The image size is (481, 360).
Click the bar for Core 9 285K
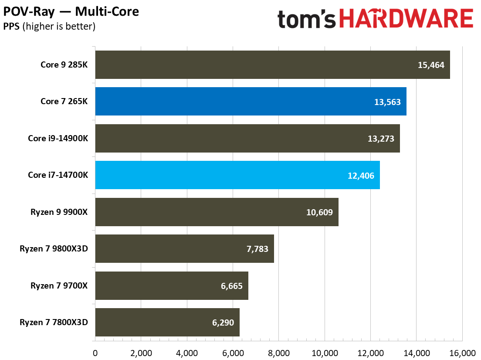(x=272, y=65)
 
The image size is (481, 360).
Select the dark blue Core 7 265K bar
(x=251, y=102)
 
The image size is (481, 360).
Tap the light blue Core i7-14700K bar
(x=237, y=175)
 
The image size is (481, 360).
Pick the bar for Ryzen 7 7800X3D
(x=167, y=323)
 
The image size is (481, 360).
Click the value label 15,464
(x=431, y=65)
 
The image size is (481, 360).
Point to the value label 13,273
(x=381, y=139)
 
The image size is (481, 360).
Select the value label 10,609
(x=319, y=212)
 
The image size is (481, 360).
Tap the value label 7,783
(x=255, y=249)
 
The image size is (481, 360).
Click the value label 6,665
(x=229, y=286)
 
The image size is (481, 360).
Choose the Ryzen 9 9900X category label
(x=59, y=212)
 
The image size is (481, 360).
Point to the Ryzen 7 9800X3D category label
(x=54, y=249)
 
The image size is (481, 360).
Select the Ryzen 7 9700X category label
(x=59, y=286)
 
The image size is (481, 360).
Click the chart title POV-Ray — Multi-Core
(x=71, y=11)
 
